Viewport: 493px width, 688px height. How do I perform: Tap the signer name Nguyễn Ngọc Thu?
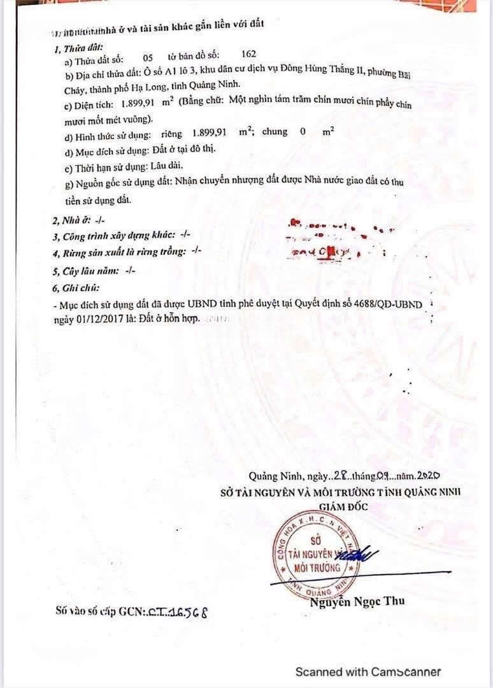point(357,601)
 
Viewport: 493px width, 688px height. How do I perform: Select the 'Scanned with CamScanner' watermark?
point(368,671)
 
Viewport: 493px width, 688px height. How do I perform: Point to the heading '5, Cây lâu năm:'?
point(94,270)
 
